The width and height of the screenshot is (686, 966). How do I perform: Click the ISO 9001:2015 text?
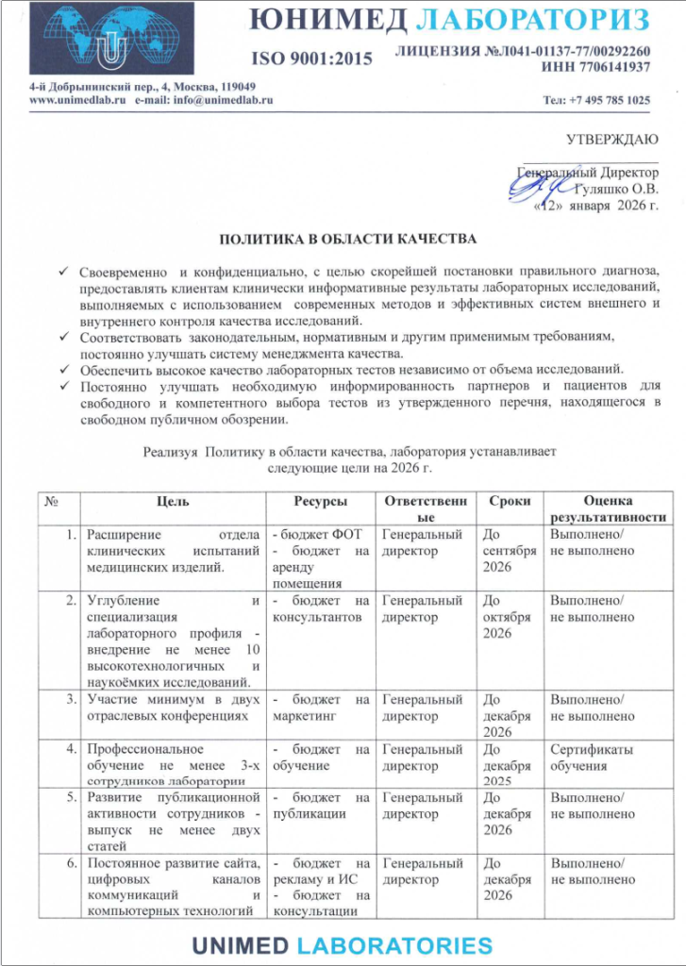pyautogui.click(x=310, y=59)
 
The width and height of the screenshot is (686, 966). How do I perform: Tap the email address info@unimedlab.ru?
pyautogui.click(x=204, y=100)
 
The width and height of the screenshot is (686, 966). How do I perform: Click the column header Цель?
pyautogui.click(x=172, y=501)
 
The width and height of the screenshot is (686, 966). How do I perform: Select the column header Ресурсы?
pyautogui.click(x=320, y=501)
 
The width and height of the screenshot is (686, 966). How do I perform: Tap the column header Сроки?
pyautogui.click(x=510, y=501)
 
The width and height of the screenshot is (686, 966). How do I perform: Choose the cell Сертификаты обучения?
pyautogui.click(x=592, y=758)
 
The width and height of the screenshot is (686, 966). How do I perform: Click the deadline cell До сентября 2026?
pyautogui.click(x=510, y=550)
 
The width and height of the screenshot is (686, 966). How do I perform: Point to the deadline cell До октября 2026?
pyautogui.click(x=510, y=617)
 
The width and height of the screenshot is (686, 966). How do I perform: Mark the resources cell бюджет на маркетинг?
pyautogui.click(x=320, y=708)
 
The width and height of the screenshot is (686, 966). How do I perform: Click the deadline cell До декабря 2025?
pyautogui.click(x=510, y=765)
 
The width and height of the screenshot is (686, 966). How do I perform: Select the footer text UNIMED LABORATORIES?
pyautogui.click(x=343, y=945)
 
